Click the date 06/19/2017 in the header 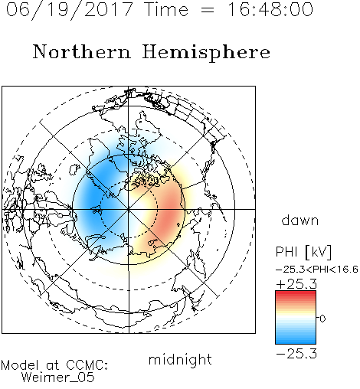(70, 10)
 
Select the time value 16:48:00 (270, 9)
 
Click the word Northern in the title (82, 52)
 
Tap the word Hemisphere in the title (206, 53)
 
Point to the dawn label (300, 220)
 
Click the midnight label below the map (180, 359)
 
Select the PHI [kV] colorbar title (303, 252)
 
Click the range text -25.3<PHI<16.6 (316, 270)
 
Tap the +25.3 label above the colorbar (296, 284)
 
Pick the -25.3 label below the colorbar (296, 354)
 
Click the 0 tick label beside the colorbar (322, 319)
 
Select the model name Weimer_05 (58, 378)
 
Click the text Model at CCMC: (54, 365)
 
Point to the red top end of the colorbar (296, 293)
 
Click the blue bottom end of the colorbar (296, 342)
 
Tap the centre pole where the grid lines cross (129, 209)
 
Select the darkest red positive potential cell (168, 213)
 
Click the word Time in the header (166, 9)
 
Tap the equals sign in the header (207, 11)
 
